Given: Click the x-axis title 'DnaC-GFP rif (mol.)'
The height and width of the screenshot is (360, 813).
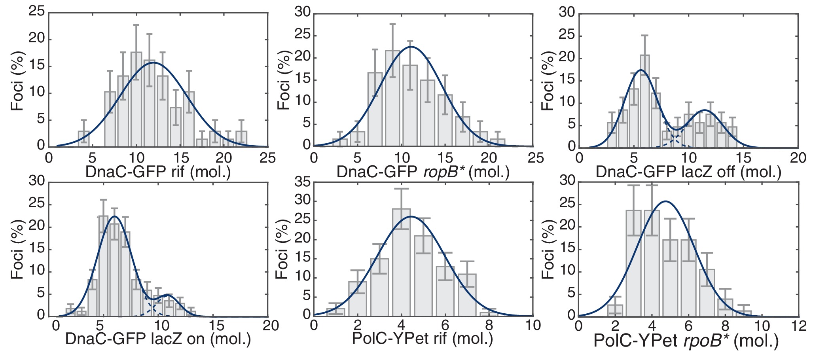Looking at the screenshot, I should point(158,172).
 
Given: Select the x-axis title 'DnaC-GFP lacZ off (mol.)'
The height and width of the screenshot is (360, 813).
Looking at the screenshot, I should point(688,172).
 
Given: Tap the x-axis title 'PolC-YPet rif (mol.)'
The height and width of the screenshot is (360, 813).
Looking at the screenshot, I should point(423,339).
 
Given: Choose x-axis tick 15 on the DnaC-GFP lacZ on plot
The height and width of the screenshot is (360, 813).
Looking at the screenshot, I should point(216,326).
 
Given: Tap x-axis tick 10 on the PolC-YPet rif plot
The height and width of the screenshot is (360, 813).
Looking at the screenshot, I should point(533,326).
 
